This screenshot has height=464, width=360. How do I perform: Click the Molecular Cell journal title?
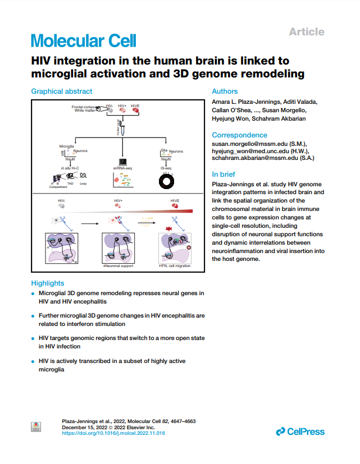tap(83, 40)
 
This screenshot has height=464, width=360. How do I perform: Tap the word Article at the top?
tap(306, 31)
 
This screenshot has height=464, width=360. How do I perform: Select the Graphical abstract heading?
tap(61, 91)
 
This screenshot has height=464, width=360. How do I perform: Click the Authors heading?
tap(225, 91)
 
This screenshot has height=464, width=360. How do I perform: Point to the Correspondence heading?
tap(239, 135)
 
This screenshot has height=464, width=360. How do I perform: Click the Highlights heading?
tap(48, 283)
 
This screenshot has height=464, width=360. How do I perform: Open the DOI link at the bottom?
tap(113, 433)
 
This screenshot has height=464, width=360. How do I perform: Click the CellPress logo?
tap(300, 431)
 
